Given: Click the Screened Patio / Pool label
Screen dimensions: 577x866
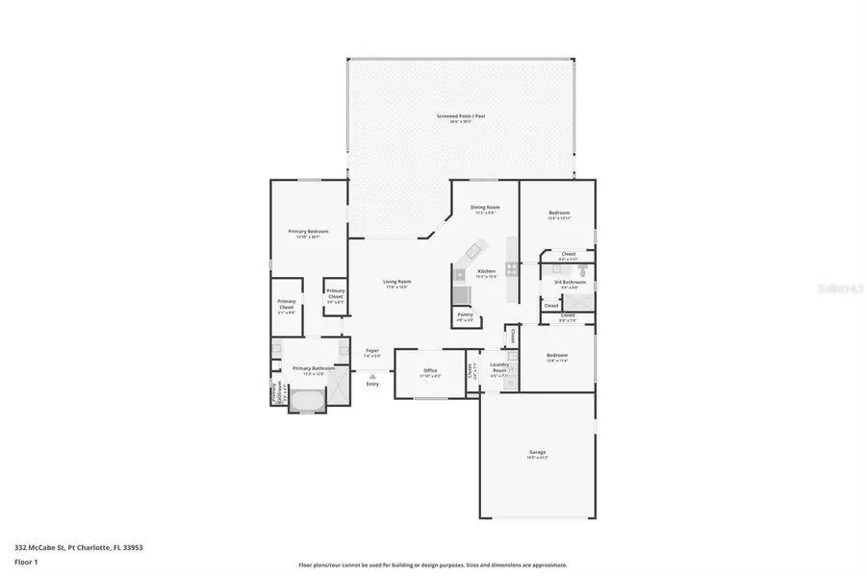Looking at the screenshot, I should pyautogui.click(x=461, y=116).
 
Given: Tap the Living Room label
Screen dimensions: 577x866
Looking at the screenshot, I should pyautogui.click(x=396, y=282).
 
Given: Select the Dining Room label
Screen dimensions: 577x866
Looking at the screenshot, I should pyautogui.click(x=485, y=208).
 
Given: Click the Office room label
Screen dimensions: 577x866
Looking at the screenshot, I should pyautogui.click(x=430, y=370).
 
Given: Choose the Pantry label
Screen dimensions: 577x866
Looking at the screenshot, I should pyautogui.click(x=465, y=315).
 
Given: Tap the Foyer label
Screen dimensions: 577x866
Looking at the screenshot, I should pyautogui.click(x=372, y=352).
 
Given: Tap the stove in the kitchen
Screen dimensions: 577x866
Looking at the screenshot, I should pyautogui.click(x=511, y=270).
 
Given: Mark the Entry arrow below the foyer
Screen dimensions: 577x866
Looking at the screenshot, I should pyautogui.click(x=372, y=375).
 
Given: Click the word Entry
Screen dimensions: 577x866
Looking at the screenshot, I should pyautogui.click(x=372, y=385).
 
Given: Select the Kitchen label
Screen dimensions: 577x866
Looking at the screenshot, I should pyautogui.click(x=486, y=272).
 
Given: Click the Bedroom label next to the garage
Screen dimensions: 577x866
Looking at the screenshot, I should pyautogui.click(x=557, y=355).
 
